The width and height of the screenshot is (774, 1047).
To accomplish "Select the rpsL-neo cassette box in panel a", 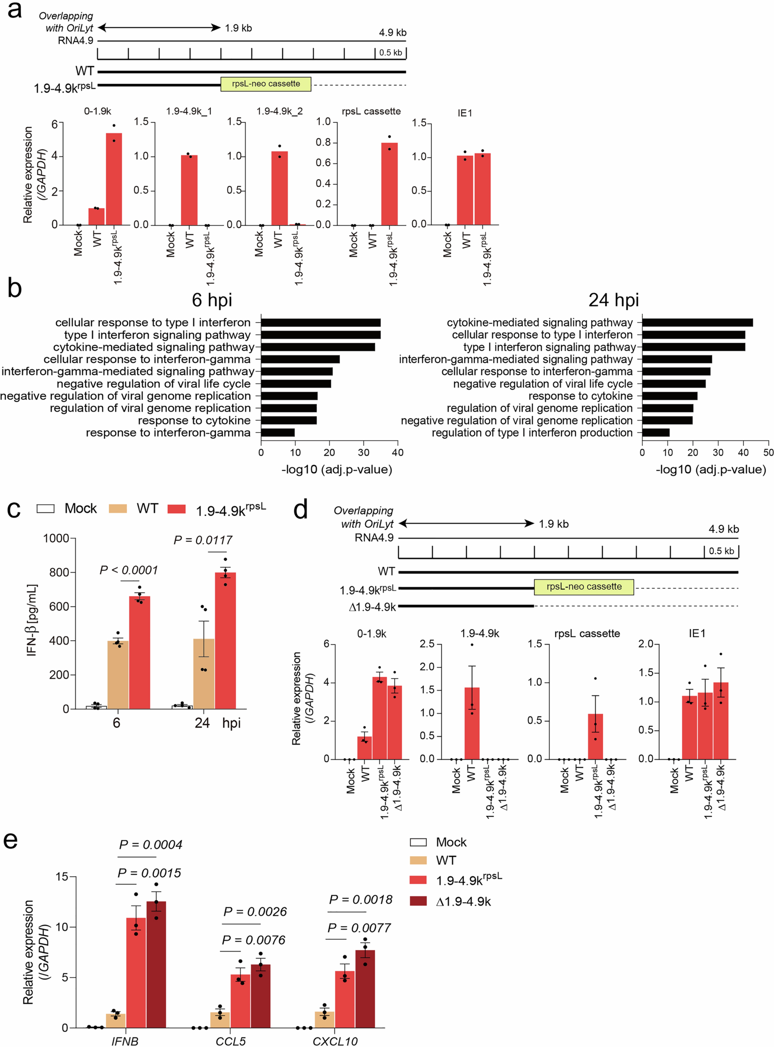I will pos(266,84).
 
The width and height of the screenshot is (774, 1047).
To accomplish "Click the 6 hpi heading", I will pos(212,300).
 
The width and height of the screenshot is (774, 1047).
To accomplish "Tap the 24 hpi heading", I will pos(613,300).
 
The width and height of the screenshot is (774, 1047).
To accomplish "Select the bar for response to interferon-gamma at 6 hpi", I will pos(278,432).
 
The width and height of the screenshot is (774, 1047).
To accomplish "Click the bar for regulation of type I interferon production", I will pos(655,432).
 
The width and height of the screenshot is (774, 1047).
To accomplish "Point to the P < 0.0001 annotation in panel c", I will pos(129,570).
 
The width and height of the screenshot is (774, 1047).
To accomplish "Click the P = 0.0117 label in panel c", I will pos(203,540).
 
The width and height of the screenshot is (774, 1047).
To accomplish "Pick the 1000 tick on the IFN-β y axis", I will pos(56,538).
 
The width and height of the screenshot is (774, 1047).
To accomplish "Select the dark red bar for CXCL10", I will pos(365,988).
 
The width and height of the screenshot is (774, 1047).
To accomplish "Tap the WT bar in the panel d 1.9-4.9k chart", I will pos(472,723).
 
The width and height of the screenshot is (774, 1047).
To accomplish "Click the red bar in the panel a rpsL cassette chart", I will pos(389,184).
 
